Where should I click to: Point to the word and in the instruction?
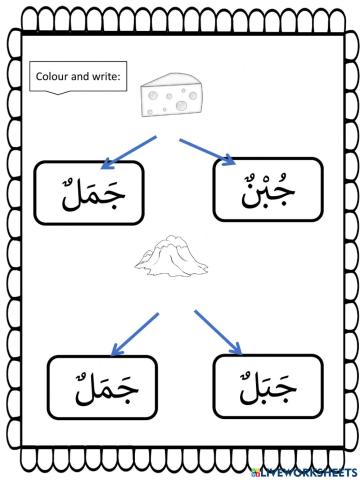pos(82,76)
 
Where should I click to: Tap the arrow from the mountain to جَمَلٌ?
pos(134,333)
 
